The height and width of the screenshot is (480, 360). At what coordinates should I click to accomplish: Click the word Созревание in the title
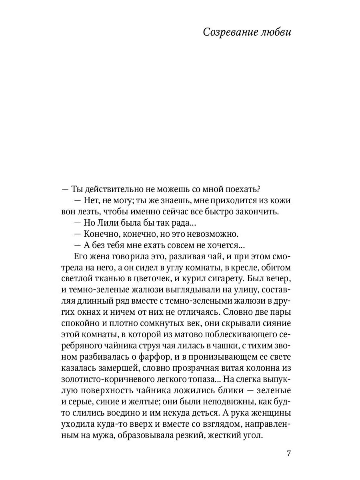click(x=228, y=32)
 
